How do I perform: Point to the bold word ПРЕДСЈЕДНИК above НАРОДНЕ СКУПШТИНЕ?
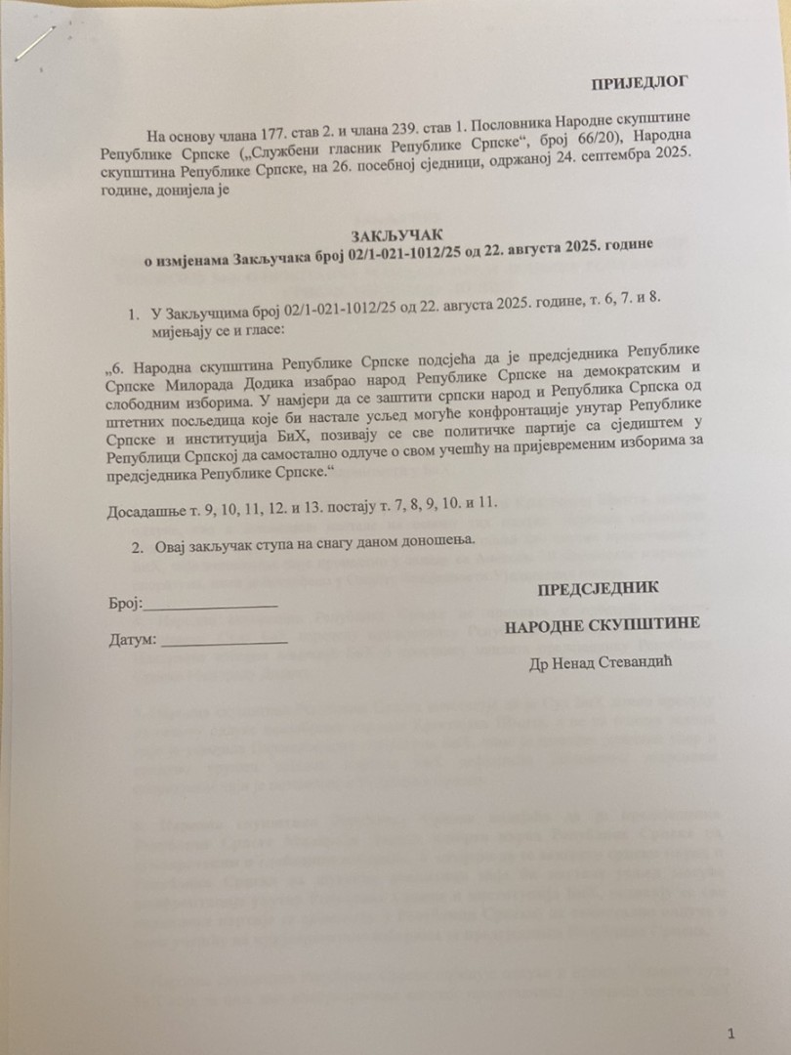click(x=598, y=588)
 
